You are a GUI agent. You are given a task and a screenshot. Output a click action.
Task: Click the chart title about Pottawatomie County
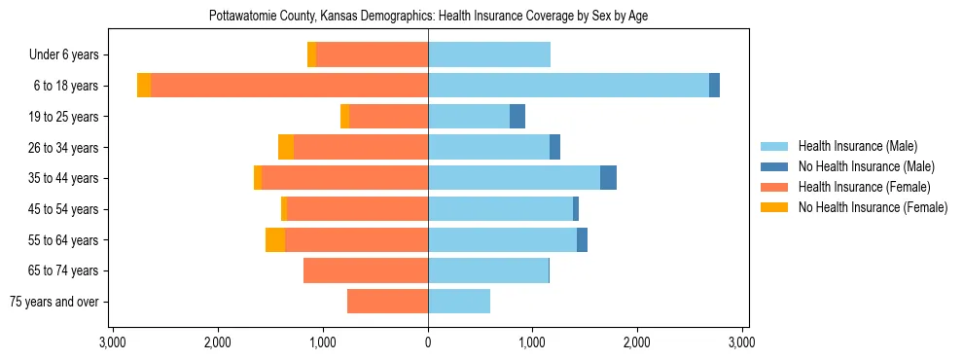coord(428,17)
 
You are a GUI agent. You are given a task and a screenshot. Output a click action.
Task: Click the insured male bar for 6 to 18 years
coord(568,86)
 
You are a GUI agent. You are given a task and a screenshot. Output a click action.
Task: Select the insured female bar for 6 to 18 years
coord(289,86)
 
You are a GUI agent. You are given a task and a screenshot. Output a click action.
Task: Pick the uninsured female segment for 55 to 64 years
coord(275,240)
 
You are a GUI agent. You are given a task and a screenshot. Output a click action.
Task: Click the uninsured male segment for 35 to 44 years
coord(608,178)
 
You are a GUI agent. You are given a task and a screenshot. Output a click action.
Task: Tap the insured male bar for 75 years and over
coord(459,302)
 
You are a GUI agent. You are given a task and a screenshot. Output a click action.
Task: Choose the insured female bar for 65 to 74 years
coord(366,270)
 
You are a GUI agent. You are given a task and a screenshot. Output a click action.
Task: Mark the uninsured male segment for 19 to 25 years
coord(517,117)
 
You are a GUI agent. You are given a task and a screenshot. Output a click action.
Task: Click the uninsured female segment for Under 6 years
coord(311,54)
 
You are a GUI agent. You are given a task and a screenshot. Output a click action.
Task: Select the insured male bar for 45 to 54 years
coord(500,209)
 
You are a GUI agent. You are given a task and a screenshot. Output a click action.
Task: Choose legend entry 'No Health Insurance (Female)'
coord(873,207)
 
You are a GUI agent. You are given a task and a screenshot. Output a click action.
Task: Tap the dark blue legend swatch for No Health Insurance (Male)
coord(774,166)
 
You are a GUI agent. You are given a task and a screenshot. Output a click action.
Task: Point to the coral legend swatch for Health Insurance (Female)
coord(774,187)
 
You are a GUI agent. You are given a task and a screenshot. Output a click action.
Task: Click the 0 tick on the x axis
coord(428,343)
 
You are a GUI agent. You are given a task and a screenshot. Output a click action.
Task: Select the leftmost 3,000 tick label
coord(113,343)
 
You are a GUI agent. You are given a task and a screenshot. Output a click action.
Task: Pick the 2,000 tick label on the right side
coord(637,343)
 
